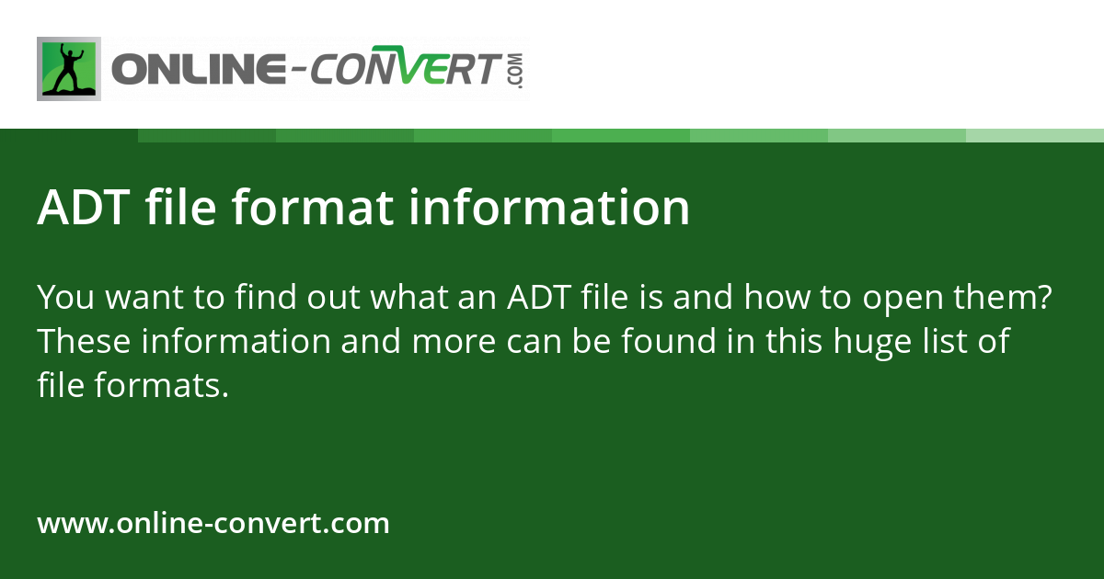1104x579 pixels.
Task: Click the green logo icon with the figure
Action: pos(69,69)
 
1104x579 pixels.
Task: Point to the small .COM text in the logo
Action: pos(514,70)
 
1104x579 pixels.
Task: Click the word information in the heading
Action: pos(549,208)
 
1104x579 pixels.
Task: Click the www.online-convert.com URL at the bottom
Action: pos(213,524)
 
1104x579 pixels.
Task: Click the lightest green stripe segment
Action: pos(1035,135)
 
